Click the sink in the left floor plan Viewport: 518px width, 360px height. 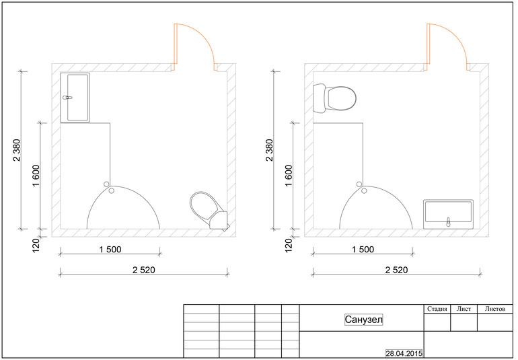[75, 98]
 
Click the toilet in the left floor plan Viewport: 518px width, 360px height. [208, 210]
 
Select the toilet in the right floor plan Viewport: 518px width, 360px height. [334, 98]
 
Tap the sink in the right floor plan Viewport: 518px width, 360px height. [448, 214]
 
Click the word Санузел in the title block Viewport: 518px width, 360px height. [364, 320]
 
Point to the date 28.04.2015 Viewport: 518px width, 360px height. [404, 353]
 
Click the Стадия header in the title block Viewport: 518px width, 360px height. [437, 309]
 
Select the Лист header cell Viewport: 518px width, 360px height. [464, 309]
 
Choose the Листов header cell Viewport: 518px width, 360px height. [495, 309]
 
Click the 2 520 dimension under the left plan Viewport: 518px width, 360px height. [144, 270]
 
